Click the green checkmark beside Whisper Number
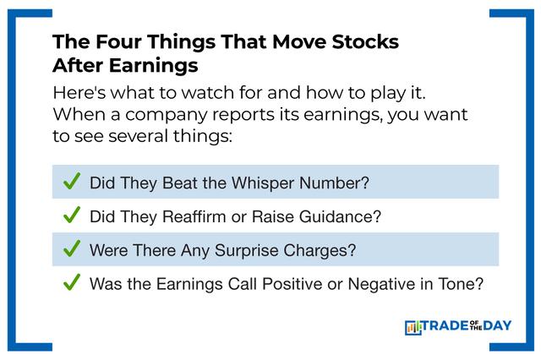(x=71, y=181)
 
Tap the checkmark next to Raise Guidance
(x=71, y=215)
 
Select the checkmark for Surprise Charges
(x=71, y=248)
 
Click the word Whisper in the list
(x=263, y=183)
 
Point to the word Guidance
(x=340, y=216)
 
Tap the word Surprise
(x=246, y=251)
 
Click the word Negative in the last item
(x=381, y=285)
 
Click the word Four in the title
(x=118, y=41)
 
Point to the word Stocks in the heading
(x=365, y=41)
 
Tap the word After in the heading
(x=78, y=65)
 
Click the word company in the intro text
(x=166, y=115)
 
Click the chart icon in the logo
(x=413, y=328)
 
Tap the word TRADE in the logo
(x=445, y=326)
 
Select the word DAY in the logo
(x=497, y=326)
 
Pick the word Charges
(x=320, y=251)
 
